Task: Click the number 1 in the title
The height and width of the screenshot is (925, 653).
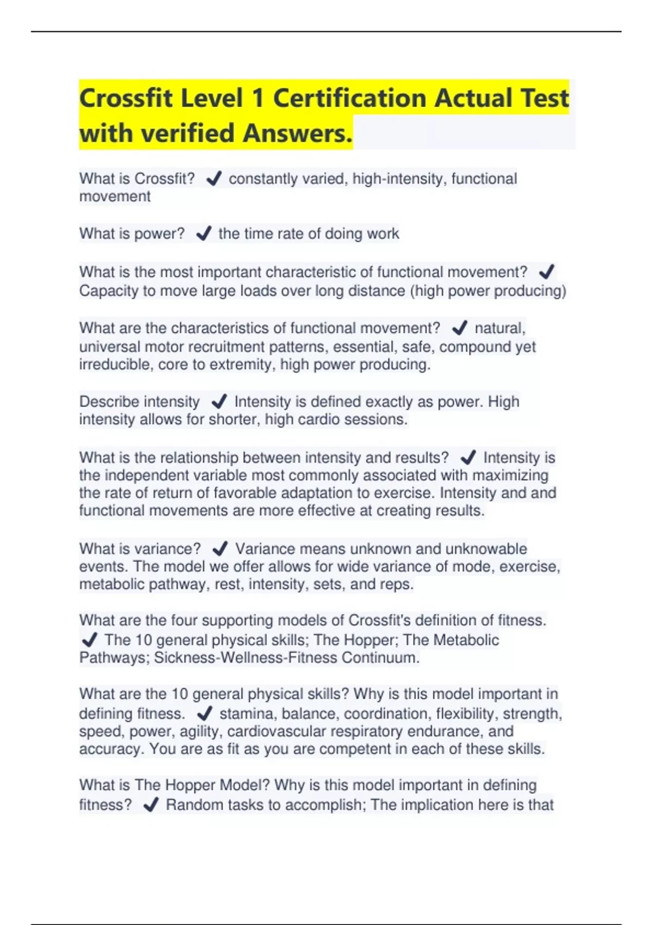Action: (x=257, y=98)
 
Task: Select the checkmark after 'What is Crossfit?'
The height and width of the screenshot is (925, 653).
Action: (x=214, y=178)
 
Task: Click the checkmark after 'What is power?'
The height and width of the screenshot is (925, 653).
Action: (x=204, y=233)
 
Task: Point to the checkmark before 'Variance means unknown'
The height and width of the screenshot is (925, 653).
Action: (x=220, y=548)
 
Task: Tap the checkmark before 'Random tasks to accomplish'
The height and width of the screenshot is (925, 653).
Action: (x=151, y=804)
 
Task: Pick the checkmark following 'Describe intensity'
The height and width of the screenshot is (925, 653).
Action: (x=219, y=402)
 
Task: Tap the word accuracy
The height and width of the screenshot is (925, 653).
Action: (x=111, y=749)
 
